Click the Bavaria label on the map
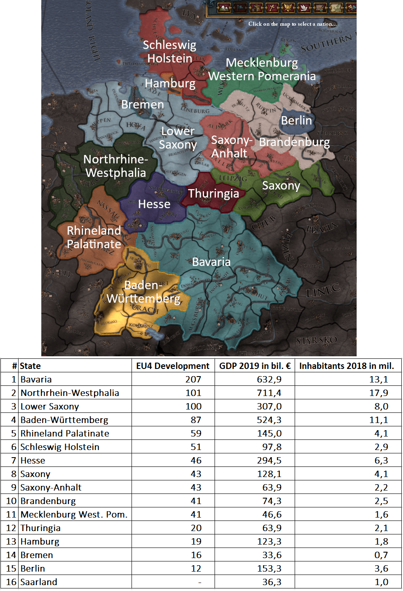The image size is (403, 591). pos(211,262)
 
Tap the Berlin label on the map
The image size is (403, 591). pos(296,120)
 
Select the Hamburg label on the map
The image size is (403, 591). pos(170,83)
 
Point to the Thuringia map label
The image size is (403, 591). pos(213,193)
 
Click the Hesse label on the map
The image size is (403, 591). pos(154,204)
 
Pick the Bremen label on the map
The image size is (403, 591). pos(142,104)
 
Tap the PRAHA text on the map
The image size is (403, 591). pos(322,228)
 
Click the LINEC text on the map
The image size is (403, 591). pos(323,290)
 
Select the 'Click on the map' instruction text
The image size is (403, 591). pos(292,24)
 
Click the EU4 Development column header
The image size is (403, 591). pos(172,366)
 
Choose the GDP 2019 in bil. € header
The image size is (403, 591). pos(255,366)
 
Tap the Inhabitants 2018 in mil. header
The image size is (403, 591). pos(347,366)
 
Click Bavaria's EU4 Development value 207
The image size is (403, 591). pos(193,380)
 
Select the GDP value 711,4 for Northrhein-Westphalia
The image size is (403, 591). pos(269,393)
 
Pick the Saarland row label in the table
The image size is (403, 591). pos(39,582)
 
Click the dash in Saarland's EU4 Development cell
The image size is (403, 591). pos(199,582)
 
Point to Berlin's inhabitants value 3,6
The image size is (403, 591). pos(381,569)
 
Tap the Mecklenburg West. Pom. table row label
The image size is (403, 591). pos(74,515)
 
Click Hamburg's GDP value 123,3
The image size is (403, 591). pos(269,542)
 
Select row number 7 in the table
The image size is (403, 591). pos(13,461)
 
